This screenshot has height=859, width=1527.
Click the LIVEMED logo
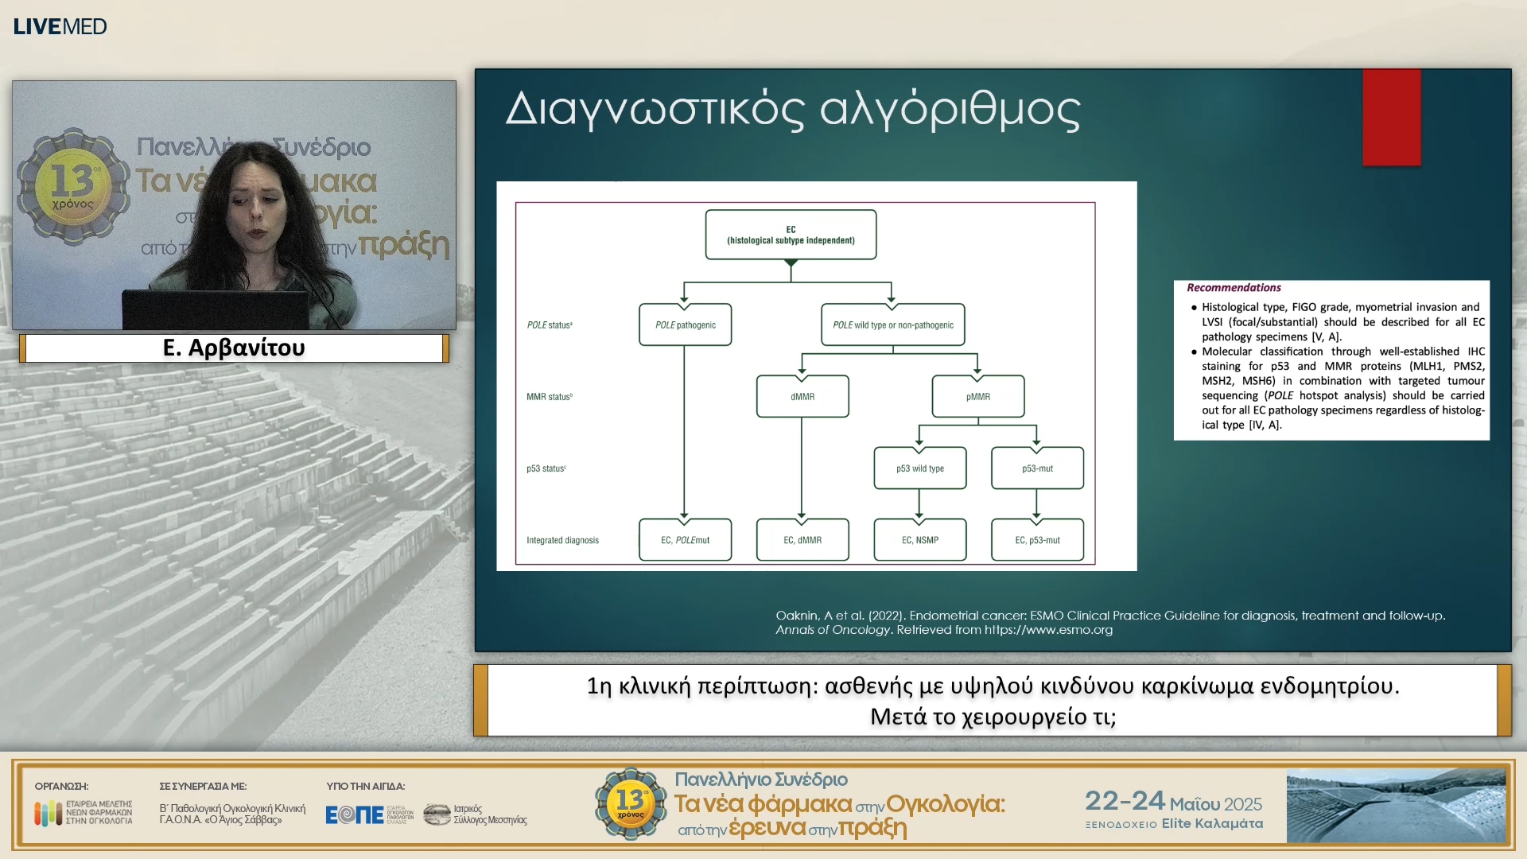pos(60,26)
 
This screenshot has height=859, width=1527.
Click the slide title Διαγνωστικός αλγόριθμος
pos(792,109)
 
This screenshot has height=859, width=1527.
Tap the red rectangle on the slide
pos(1391,118)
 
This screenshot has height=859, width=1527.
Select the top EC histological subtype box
pos(791,235)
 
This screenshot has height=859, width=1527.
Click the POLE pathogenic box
pos(685,325)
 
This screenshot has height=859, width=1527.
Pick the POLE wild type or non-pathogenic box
pos(892,325)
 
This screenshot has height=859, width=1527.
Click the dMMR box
pos(802,396)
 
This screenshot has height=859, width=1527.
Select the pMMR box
pos(977,396)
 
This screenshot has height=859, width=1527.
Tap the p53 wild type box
pos(919,468)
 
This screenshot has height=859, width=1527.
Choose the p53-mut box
pos(1037,468)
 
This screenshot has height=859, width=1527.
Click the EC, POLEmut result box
pos(685,540)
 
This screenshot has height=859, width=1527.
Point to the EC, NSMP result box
pos(919,540)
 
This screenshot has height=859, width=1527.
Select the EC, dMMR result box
pos(802,540)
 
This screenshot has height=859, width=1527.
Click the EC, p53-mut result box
pos(1037,540)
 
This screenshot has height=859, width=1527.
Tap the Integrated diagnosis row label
pos(562,540)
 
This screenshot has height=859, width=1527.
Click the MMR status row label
pos(549,396)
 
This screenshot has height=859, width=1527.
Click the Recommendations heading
pos(1234,288)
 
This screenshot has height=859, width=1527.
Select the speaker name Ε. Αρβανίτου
pos(234,348)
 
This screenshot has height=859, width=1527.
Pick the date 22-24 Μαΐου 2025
pos(1173,801)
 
